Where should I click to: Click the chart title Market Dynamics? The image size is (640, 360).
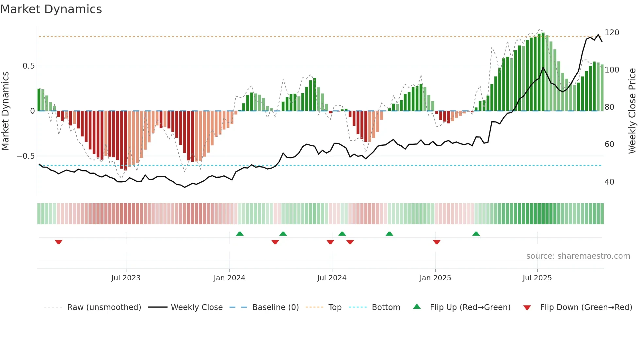(51, 9)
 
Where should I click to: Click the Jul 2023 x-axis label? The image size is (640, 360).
(126, 278)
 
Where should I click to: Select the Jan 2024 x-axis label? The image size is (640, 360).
(229, 278)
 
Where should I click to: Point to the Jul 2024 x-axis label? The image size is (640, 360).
(332, 278)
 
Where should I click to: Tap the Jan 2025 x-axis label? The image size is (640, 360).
(435, 278)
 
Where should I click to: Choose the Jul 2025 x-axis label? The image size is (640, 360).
(537, 278)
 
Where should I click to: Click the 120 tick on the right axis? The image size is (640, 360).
(612, 33)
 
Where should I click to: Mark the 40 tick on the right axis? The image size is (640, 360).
(609, 182)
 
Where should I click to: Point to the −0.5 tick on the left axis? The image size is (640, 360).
(25, 156)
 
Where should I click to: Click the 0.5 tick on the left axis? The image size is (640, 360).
(28, 66)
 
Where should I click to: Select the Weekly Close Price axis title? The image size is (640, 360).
(632, 111)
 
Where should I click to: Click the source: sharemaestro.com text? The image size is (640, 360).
(578, 256)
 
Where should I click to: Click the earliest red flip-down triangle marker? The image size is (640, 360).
(58, 242)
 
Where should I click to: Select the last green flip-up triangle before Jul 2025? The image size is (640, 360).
(476, 234)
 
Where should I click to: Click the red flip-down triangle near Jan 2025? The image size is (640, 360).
(437, 242)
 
